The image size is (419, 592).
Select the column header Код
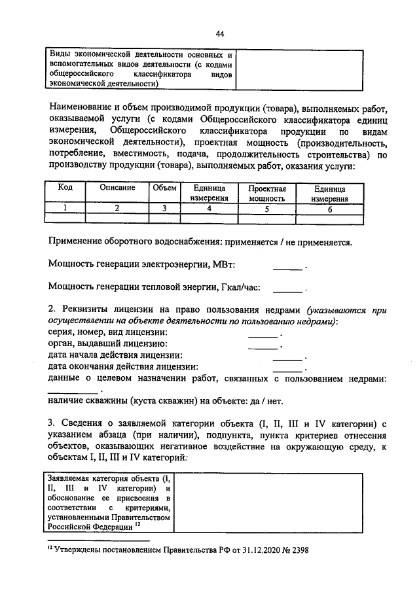(x=65, y=187)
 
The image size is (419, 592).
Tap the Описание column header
(x=118, y=187)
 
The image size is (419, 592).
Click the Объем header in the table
(x=165, y=187)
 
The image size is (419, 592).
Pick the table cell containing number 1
(x=65, y=208)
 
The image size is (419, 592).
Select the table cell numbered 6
(x=330, y=209)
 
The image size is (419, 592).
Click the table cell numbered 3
(x=165, y=208)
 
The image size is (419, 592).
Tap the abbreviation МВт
(x=224, y=264)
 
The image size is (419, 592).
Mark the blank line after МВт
(x=288, y=267)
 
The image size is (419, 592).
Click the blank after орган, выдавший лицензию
(x=263, y=347)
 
